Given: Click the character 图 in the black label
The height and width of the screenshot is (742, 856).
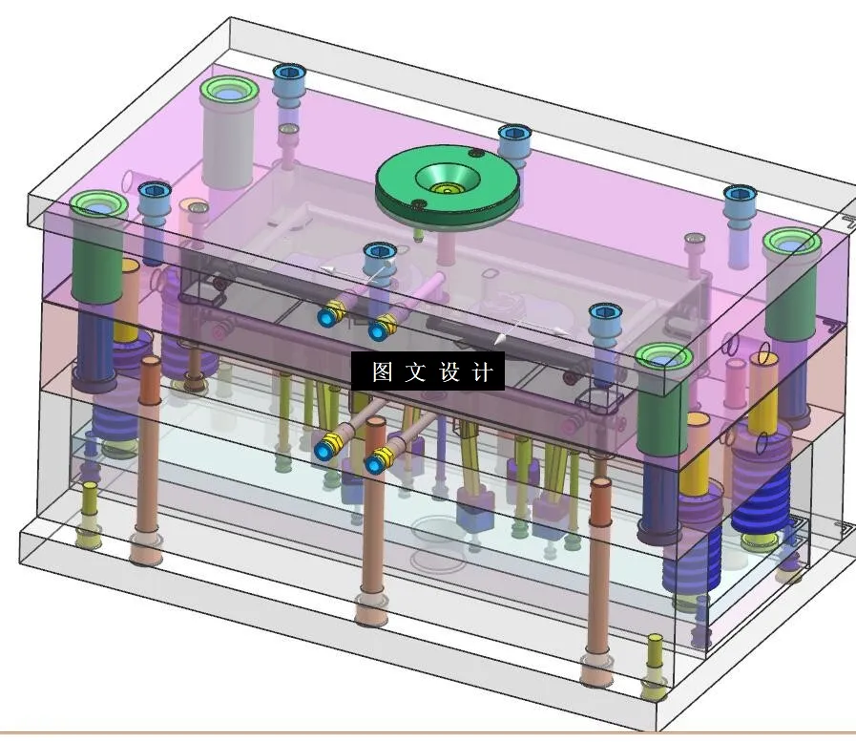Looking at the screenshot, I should click(x=383, y=372).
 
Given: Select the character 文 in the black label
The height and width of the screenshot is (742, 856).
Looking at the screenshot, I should click(x=416, y=372).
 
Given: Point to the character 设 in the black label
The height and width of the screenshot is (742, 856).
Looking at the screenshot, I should click(x=449, y=372).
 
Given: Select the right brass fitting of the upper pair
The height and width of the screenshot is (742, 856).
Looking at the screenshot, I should click(x=381, y=328).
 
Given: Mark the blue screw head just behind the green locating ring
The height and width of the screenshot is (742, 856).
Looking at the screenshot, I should click(x=513, y=134).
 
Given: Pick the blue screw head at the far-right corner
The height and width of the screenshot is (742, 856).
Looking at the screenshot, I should click(x=739, y=196).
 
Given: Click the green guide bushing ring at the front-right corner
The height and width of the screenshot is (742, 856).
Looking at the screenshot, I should click(x=662, y=357).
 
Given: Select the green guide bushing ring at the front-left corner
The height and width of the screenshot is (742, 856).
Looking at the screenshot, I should click(x=98, y=205).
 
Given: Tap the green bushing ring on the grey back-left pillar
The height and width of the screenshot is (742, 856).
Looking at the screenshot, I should click(x=228, y=92).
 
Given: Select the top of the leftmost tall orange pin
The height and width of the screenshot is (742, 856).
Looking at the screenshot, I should click(x=150, y=366).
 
